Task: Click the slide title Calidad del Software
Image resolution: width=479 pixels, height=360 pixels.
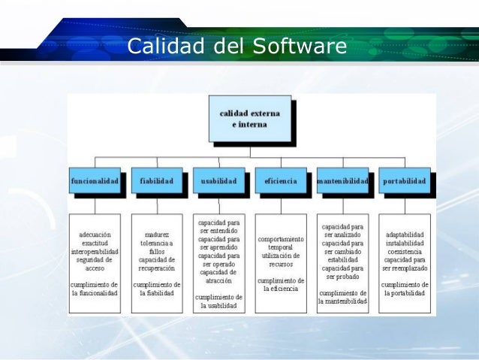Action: tap(236, 46)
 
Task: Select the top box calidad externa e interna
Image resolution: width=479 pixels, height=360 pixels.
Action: tap(249, 118)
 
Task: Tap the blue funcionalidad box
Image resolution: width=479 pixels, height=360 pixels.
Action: tap(95, 181)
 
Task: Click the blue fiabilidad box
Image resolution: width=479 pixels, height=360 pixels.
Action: tap(156, 181)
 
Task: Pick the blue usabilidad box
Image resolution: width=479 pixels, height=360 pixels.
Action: tap(218, 181)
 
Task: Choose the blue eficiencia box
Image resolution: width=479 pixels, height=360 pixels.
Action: tap(280, 181)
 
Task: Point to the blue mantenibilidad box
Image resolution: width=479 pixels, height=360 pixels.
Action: tap(342, 181)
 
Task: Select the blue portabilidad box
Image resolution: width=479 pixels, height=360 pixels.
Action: tap(405, 181)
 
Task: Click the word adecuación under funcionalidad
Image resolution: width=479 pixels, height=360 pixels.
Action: tap(95, 234)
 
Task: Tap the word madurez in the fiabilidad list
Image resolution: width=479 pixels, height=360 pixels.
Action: tap(156, 234)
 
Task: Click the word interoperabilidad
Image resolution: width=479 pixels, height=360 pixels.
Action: tap(95, 252)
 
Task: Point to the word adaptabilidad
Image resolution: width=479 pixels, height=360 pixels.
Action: tap(405, 234)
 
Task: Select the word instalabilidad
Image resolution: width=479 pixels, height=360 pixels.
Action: tap(405, 244)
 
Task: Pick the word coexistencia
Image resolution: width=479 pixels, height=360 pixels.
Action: tap(405, 252)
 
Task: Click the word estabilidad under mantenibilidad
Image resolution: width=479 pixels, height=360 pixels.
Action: tap(342, 260)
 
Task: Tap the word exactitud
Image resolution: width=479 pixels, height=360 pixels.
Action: tap(95, 244)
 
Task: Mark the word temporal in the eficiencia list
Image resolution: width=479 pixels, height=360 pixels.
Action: tap(281, 247)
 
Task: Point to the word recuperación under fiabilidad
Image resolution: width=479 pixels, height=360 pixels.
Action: tap(156, 268)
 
